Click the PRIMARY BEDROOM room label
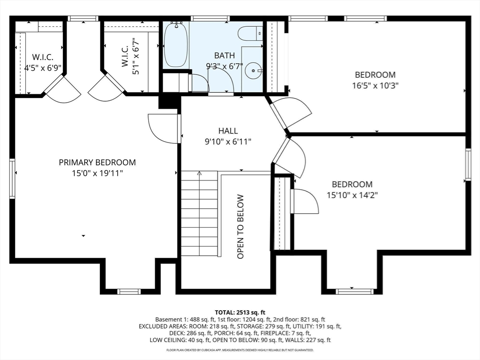point(97,163)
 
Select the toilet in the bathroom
point(249,34)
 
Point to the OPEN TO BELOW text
point(240,226)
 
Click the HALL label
point(228,131)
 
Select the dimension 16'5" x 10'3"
point(375,85)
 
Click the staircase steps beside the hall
point(199,216)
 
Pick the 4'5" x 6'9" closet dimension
point(43,67)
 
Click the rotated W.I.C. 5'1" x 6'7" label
point(130,59)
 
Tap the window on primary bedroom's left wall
point(12,179)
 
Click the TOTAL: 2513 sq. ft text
point(240,312)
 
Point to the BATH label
point(224,55)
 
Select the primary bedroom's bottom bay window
point(129,291)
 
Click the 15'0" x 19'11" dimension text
point(97,173)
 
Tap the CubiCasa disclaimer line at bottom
point(240,350)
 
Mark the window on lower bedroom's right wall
point(467,165)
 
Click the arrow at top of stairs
point(199,173)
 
